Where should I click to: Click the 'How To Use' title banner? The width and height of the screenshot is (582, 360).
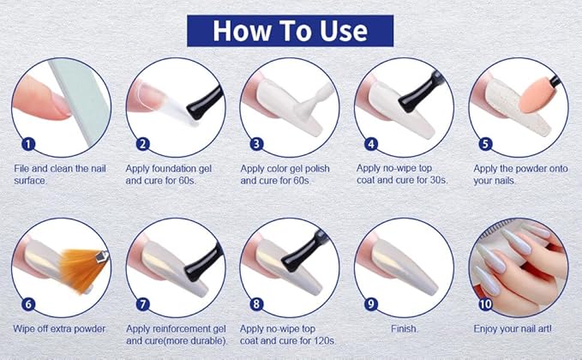pyautogui.click(x=290, y=31)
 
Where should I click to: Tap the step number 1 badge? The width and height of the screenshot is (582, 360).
pyautogui.click(x=28, y=144)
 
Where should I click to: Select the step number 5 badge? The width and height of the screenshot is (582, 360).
pyautogui.click(x=485, y=144)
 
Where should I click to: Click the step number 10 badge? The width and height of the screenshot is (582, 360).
pyautogui.click(x=485, y=304)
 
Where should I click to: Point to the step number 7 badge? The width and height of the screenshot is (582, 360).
pyautogui.click(x=143, y=304)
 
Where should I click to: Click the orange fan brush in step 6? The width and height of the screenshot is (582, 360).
pyautogui.click(x=82, y=270)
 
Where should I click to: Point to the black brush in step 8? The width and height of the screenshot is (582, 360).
pyautogui.click(x=303, y=252)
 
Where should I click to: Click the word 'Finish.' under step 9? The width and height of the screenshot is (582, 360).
pyautogui.click(x=405, y=329)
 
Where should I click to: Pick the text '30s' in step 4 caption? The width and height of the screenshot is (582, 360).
pyautogui.click(x=439, y=180)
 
